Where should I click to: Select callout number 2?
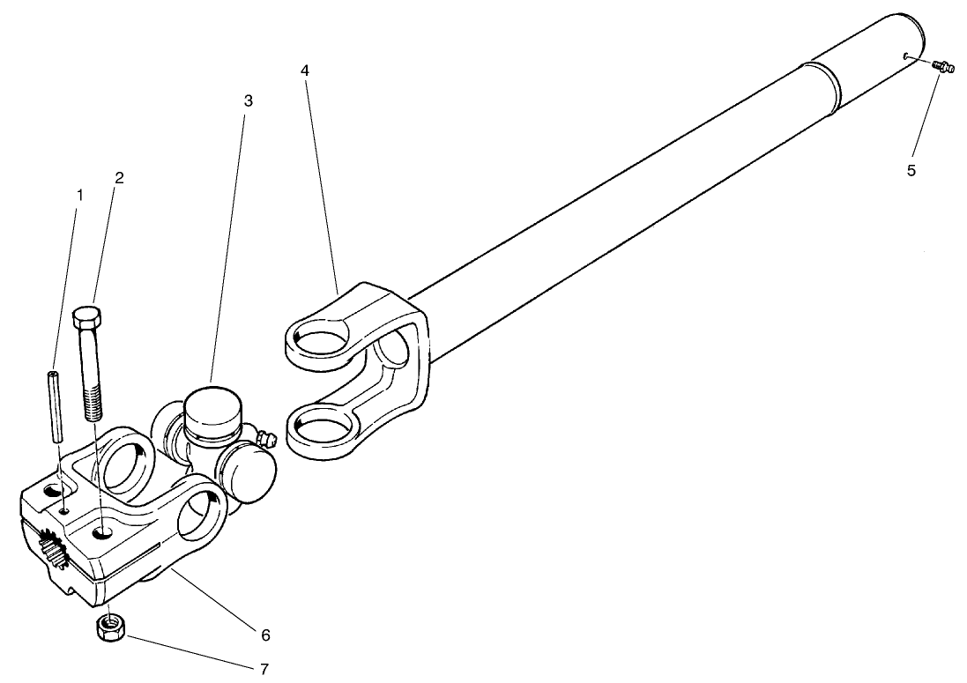(x=118, y=177)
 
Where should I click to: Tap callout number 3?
(x=248, y=100)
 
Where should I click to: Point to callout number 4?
(x=304, y=69)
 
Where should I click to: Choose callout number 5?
(x=911, y=169)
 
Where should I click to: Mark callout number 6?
(x=265, y=635)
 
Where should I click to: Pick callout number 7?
(x=264, y=669)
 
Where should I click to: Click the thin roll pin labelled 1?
(x=56, y=405)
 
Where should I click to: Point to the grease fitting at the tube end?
(x=942, y=66)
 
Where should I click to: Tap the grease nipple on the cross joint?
(x=265, y=438)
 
